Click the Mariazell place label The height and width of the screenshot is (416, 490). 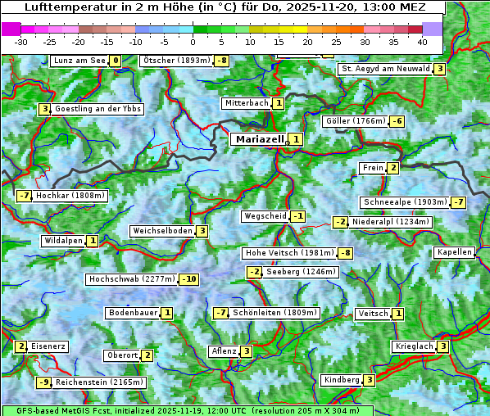[259, 139]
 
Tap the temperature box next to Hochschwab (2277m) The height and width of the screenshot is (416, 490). [189, 279]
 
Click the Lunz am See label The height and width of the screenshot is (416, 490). [79, 61]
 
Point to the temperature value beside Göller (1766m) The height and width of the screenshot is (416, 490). [397, 121]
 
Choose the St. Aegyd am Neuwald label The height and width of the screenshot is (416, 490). [385, 69]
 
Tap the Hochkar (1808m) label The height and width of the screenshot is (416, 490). [71, 196]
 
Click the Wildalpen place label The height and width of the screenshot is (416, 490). [63, 241]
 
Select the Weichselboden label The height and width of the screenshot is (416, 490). [162, 231]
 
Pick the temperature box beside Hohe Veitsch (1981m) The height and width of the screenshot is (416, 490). [346, 253]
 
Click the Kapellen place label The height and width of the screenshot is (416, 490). [455, 252]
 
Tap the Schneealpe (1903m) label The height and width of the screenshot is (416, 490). [405, 202]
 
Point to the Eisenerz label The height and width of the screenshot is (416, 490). [48, 346]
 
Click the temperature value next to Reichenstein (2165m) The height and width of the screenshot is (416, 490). [44, 382]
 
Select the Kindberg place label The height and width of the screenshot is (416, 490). [342, 380]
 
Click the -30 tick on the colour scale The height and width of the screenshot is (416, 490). [21, 41]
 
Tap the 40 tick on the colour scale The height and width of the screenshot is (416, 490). [422, 41]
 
